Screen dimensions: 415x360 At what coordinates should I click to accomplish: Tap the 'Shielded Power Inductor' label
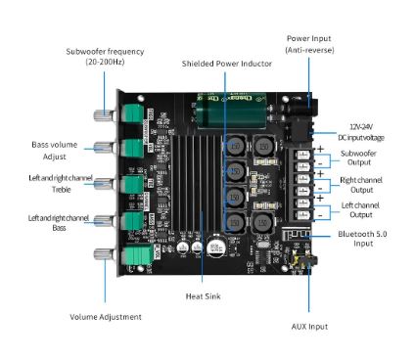coord(227,64)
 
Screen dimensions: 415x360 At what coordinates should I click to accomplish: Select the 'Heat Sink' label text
coord(203,296)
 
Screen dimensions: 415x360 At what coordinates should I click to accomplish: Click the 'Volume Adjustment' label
coord(106,317)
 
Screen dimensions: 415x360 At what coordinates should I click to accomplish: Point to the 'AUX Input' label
coord(309,327)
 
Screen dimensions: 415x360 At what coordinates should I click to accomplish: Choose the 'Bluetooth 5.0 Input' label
coord(362,239)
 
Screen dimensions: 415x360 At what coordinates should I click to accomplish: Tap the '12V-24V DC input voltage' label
coord(361,132)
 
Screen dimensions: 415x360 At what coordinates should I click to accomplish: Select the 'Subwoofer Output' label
coord(358,157)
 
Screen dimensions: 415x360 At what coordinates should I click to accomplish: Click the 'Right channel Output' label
coord(361,185)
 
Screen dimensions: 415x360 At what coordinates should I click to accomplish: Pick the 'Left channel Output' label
coord(360,210)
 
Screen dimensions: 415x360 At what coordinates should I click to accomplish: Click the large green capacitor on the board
coord(231,112)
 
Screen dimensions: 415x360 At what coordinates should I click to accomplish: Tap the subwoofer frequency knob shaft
coord(105,114)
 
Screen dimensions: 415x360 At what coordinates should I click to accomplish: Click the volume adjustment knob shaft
coord(105,254)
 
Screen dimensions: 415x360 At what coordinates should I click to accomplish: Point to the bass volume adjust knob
coord(105,148)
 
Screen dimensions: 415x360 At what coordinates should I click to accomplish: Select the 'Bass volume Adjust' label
coord(55,151)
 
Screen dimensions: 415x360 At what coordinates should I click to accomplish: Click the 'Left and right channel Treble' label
coord(61,184)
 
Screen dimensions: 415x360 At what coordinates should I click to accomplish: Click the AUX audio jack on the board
coord(303,260)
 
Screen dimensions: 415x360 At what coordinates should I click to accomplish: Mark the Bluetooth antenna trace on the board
coord(297,234)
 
